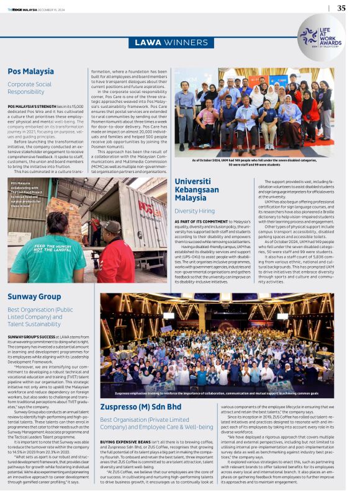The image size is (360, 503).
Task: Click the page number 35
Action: click(341, 8)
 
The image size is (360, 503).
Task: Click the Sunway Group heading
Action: click(34, 296)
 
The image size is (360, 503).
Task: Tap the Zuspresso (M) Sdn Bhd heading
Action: click(143, 406)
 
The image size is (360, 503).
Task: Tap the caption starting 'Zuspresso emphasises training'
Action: click(216, 393)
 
